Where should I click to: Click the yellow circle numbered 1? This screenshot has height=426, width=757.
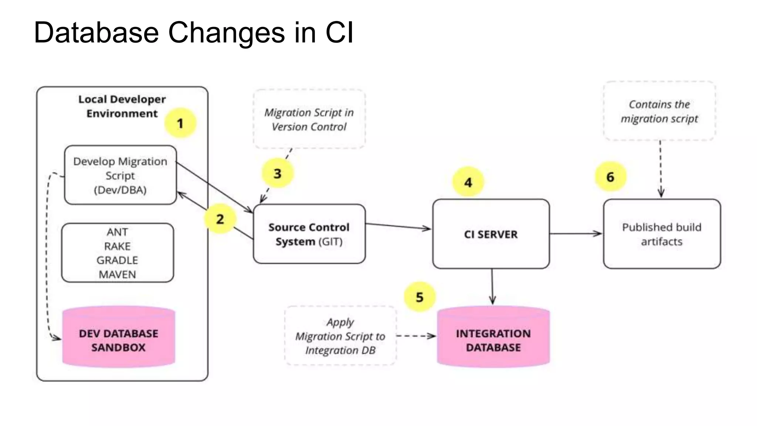pyautogui.click(x=180, y=123)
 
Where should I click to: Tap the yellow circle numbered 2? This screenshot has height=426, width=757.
pyautogui.click(x=220, y=219)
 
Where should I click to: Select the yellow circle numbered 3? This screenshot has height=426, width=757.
pyautogui.click(x=278, y=173)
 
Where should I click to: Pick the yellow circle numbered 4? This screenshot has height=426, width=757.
pyautogui.click(x=468, y=182)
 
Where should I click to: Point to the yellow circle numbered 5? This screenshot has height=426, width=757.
pyautogui.click(x=420, y=297)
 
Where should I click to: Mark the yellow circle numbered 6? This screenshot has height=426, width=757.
pyautogui.click(x=610, y=177)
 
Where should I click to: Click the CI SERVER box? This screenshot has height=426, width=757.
pyautogui.click(x=491, y=234)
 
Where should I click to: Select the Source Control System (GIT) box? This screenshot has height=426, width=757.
pyautogui.click(x=309, y=234)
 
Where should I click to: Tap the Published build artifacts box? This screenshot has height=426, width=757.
pyautogui.click(x=662, y=234)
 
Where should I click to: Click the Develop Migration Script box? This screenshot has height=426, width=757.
pyautogui.click(x=120, y=175)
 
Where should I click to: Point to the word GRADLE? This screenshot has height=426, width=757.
pyautogui.click(x=117, y=260)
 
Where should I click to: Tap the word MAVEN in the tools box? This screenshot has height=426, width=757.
pyautogui.click(x=117, y=274)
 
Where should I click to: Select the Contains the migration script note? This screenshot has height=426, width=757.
pyautogui.click(x=659, y=111)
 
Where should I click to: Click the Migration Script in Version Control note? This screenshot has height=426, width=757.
pyautogui.click(x=309, y=119)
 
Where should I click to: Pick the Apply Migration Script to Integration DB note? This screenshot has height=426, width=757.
pyautogui.click(x=340, y=336)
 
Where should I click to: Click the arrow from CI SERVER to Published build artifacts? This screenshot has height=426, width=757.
pyautogui.click(x=576, y=234)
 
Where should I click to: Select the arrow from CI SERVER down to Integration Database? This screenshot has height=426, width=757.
pyautogui.click(x=492, y=287)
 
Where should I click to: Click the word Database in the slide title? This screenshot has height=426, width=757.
pyautogui.click(x=96, y=33)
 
